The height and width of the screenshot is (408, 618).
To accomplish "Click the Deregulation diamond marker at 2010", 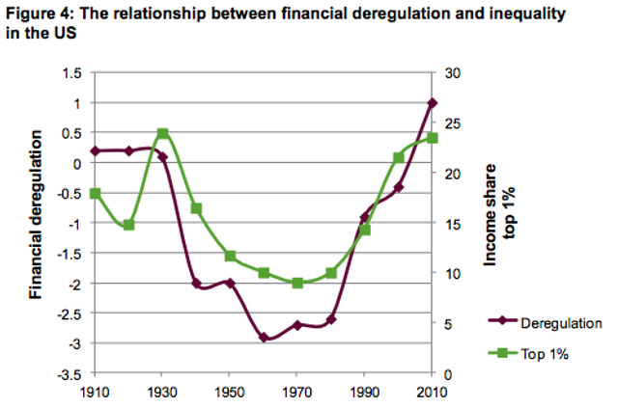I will click(433, 102).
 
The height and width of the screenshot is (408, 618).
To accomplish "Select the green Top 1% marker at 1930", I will click(163, 133).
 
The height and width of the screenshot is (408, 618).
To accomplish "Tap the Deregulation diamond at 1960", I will click(264, 337).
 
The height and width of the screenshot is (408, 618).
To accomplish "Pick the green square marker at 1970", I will click(297, 283).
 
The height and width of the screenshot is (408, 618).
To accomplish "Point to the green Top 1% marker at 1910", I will click(96, 194).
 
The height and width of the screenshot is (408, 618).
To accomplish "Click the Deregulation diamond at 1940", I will click(197, 284).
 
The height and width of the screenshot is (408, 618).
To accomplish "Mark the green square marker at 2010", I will click(433, 138).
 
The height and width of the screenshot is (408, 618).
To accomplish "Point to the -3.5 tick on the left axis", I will click(70, 373).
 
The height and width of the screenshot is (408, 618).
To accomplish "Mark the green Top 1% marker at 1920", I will click(129, 225).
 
